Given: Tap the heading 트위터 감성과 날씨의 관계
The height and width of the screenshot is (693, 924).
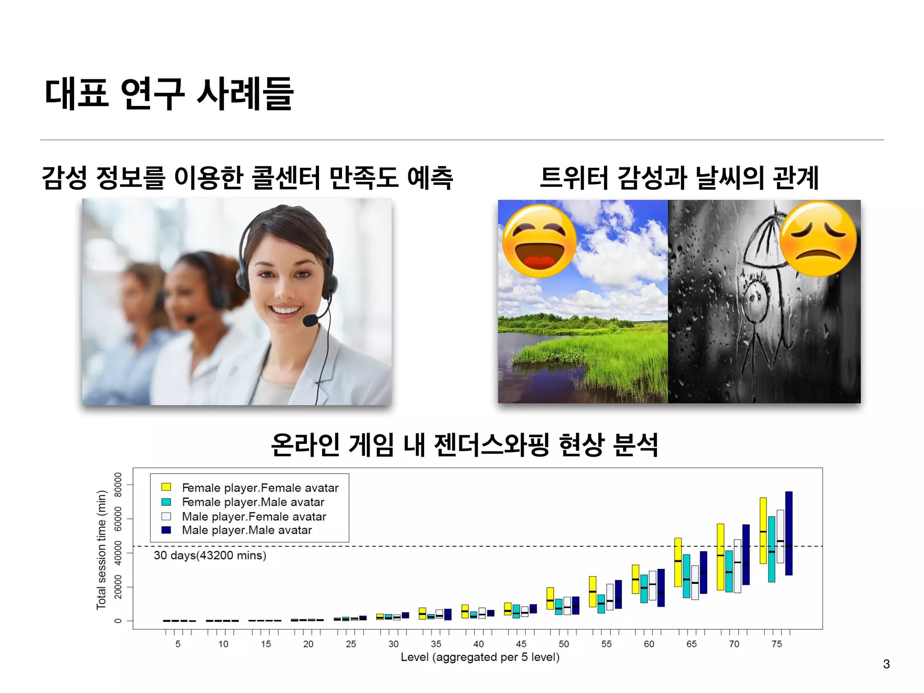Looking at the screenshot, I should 679,178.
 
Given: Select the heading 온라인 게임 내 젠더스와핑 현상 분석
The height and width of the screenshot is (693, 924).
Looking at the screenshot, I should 465,445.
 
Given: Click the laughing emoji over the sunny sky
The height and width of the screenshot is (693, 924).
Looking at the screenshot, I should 539,240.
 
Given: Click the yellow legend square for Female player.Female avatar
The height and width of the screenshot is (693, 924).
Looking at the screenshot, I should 166,487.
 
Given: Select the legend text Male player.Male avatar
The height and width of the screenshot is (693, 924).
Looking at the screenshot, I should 247,530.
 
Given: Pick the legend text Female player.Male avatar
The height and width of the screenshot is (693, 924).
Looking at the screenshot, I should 253,502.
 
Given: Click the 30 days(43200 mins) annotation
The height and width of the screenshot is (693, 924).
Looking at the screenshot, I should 210,555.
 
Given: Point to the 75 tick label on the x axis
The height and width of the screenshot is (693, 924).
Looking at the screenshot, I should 776,644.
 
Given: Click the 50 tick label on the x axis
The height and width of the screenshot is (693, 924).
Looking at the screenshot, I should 564,644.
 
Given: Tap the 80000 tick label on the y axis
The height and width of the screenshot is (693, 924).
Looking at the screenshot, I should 118,485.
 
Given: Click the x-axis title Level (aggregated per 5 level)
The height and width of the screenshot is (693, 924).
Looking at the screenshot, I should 480,657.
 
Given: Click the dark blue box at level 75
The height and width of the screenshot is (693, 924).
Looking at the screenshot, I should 789,533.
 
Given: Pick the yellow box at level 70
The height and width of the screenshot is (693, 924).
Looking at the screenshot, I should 721,557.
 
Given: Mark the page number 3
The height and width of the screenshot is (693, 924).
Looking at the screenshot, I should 886,664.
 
